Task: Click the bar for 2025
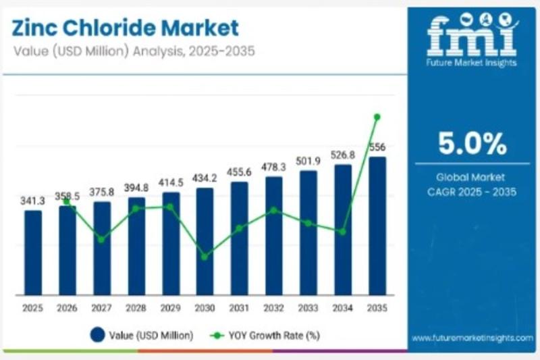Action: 32,253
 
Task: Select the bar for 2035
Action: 377,226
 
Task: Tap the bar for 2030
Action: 205,241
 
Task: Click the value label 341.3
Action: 32,201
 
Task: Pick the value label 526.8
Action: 342,155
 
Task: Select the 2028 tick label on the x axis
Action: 136,308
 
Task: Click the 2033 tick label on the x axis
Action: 308,308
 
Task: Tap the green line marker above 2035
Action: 377,117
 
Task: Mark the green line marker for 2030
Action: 205,257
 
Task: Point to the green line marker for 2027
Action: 101,239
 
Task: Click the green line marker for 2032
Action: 273,210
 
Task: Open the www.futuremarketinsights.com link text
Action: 472,337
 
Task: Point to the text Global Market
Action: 472,178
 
